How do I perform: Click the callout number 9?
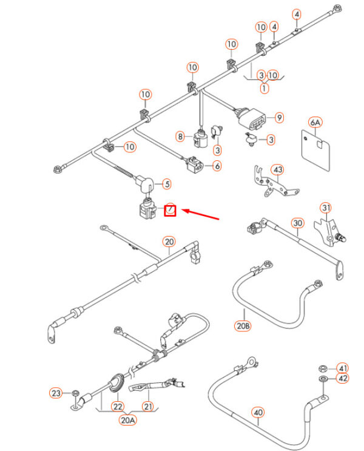pyautogui.click(x=279, y=117)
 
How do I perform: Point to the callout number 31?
pyautogui.click(x=327, y=209)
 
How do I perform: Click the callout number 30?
pyautogui.click(x=297, y=223)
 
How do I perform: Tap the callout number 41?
pyautogui.click(x=343, y=368)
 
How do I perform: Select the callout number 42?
pyautogui.click(x=343, y=379)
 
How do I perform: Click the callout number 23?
pyautogui.click(x=56, y=393)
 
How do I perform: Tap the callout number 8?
pyautogui.click(x=180, y=137)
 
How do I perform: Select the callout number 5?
pyautogui.click(x=167, y=183)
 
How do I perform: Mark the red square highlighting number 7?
pyautogui.click(x=170, y=211)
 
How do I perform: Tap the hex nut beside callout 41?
pyautogui.click(x=322, y=369)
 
